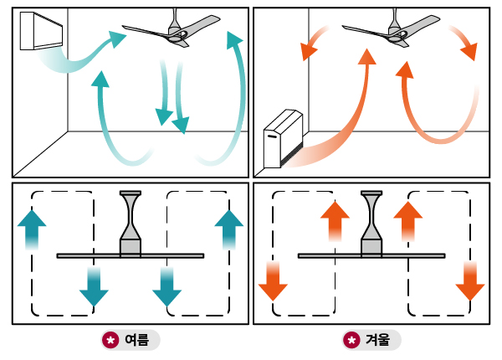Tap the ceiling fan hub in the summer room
pyautogui.click(x=177, y=34)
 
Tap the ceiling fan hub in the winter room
pyautogui.click(x=397, y=34)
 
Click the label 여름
pyautogui.click(x=136, y=340)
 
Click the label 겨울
pyautogui.click(x=378, y=340)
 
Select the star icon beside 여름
pyautogui.click(x=110, y=340)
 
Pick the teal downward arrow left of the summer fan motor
pyautogui.click(x=94, y=286)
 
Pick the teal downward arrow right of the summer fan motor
pyautogui.click(x=167, y=286)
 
